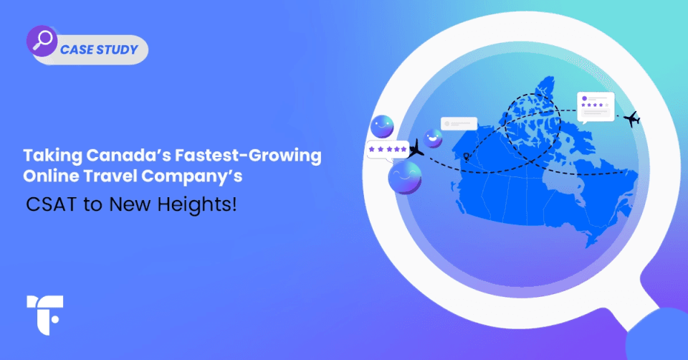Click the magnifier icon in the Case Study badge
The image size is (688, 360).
coord(42,41)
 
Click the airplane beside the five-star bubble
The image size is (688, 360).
coord(416,153)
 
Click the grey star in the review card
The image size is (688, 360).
coord(608,105)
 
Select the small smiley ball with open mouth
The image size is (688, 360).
coord(433,138)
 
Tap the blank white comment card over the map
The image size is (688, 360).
coord(459,123)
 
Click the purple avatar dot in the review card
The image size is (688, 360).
coord(586,96)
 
